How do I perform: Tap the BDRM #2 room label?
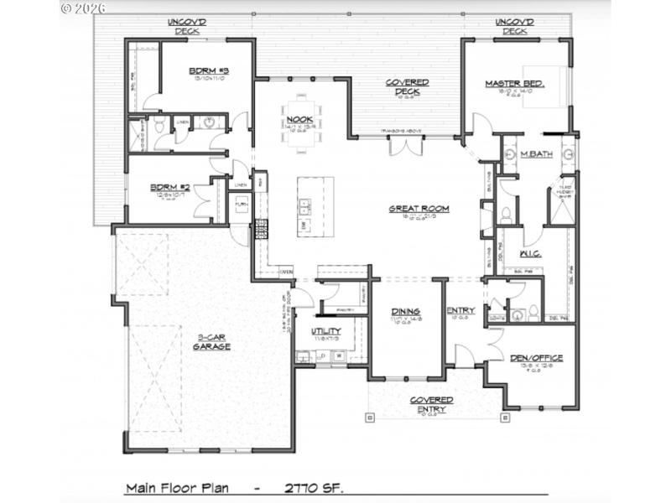point(170,188)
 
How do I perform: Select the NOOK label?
point(299,120)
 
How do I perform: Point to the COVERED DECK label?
point(407,87)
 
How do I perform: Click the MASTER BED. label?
point(515,84)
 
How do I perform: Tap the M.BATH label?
point(533,155)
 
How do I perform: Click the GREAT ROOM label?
point(419,209)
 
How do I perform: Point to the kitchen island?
point(314,205)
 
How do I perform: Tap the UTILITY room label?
point(326,332)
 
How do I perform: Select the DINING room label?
point(406,312)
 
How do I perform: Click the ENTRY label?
point(460,311)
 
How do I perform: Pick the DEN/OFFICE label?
point(536,358)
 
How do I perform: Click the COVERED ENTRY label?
point(432,405)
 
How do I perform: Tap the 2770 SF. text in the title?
point(314,487)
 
